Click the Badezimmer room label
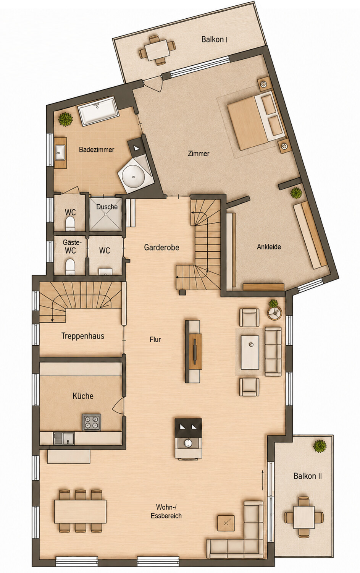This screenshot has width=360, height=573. [97, 150]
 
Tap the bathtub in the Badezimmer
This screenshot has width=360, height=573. [98, 111]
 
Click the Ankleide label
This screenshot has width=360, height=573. [269, 247]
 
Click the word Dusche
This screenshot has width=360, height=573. [107, 207]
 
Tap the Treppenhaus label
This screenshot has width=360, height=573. [83, 336]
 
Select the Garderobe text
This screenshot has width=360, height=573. [161, 248]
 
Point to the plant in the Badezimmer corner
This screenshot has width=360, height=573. [66, 119]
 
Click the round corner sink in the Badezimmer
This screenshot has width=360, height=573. [134, 176]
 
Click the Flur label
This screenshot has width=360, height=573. [155, 340]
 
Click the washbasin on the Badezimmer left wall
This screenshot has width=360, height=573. [60, 152]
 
